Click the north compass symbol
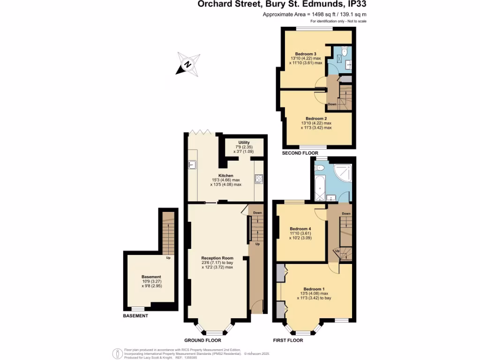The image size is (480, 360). [188, 64]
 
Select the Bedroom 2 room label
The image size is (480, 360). [316, 119]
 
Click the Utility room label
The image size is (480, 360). [244, 142]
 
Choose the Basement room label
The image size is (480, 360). [151, 277]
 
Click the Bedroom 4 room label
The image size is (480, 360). [300, 229]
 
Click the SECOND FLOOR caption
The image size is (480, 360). [300, 153]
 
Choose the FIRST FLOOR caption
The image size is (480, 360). [288, 340]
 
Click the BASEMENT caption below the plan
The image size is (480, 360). [135, 316]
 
